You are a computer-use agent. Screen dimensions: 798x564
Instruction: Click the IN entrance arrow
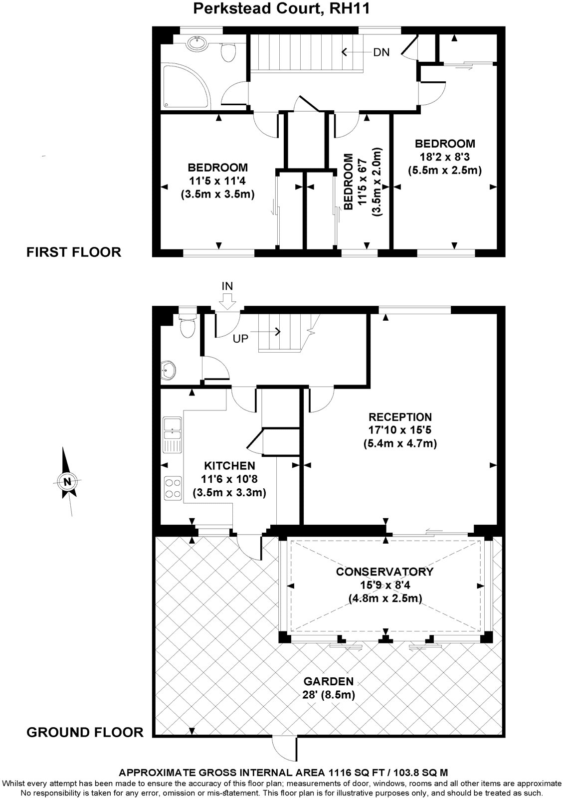[x=227, y=299]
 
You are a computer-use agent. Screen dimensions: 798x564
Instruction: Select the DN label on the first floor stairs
[x=381, y=52]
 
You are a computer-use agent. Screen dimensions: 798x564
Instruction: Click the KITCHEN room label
[x=229, y=466]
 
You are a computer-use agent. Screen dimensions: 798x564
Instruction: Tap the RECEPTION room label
[x=400, y=416]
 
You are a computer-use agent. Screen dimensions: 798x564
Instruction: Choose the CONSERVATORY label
[x=384, y=572]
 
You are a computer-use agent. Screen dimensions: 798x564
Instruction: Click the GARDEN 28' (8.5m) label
[x=329, y=688]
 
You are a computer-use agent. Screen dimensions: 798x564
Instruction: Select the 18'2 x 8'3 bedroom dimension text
[x=445, y=157]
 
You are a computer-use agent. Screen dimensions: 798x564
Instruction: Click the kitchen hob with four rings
[x=173, y=487]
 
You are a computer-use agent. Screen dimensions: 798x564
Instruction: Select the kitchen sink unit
[x=172, y=433]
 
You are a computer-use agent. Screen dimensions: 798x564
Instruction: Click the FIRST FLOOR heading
[x=74, y=252]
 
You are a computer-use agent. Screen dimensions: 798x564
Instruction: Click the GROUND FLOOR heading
[x=85, y=732]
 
